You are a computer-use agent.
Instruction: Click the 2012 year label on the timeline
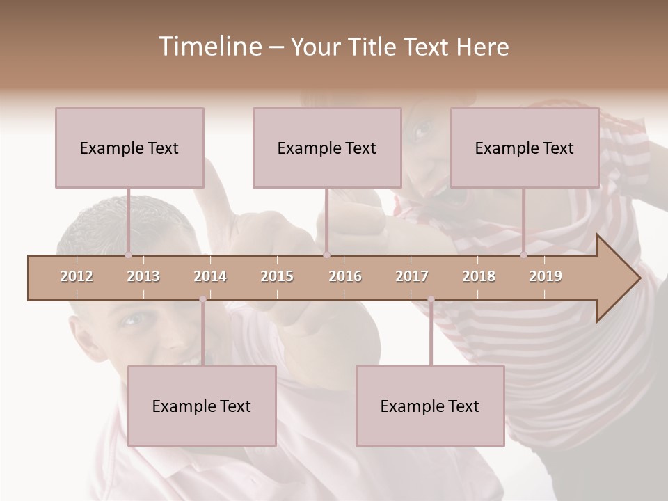point(77,276)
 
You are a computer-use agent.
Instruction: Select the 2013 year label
point(143,276)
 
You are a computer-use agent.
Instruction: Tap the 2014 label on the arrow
point(210,276)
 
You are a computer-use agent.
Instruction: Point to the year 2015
point(277,276)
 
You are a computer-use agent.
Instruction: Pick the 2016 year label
point(345,276)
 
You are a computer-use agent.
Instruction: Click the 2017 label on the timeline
point(412,276)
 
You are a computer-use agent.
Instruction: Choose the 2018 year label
point(479,276)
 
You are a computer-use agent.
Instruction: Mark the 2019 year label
point(546,276)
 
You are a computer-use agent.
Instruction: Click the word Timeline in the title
point(209,47)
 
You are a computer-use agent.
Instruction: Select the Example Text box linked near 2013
point(129,148)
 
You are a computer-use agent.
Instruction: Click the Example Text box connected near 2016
point(327,148)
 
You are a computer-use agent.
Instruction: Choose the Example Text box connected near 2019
point(525,148)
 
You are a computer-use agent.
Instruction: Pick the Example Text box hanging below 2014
point(202,406)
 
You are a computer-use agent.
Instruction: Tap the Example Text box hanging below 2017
point(430,406)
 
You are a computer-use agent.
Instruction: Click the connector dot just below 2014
point(202,299)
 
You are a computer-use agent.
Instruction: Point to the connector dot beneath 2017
point(431,299)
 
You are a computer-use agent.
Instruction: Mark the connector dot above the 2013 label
point(128,255)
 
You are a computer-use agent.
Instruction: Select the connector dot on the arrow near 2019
point(524,255)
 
